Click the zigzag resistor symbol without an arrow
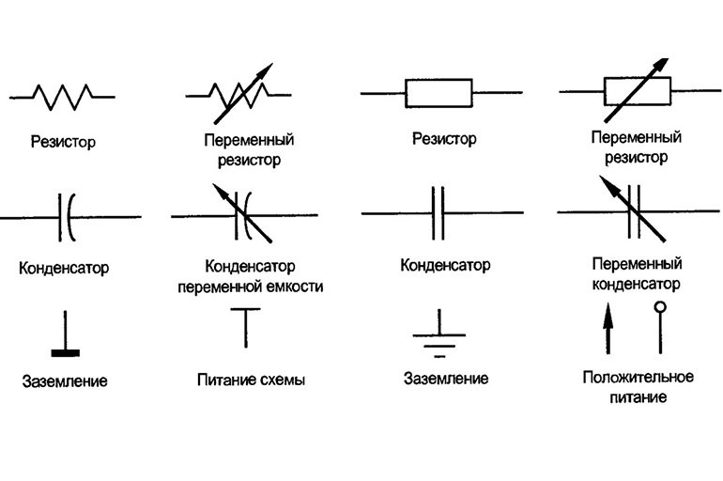[x=62, y=97]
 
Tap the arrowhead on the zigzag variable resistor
[x=264, y=71]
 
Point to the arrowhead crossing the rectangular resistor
[x=660, y=66]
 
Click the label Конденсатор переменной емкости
[x=251, y=276]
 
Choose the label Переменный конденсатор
[x=637, y=273]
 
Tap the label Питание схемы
[x=252, y=380]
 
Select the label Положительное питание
[x=638, y=386]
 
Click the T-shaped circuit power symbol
[x=245, y=328]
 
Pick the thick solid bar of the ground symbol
[x=65, y=353]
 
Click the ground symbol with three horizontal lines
[x=439, y=334]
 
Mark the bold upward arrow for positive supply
[x=608, y=329]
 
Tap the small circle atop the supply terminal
[x=660, y=307]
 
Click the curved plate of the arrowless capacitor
[x=69, y=217]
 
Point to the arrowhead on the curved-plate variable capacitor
[x=221, y=192]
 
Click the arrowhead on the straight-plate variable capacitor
[x=608, y=184]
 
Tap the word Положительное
[x=638, y=377]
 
